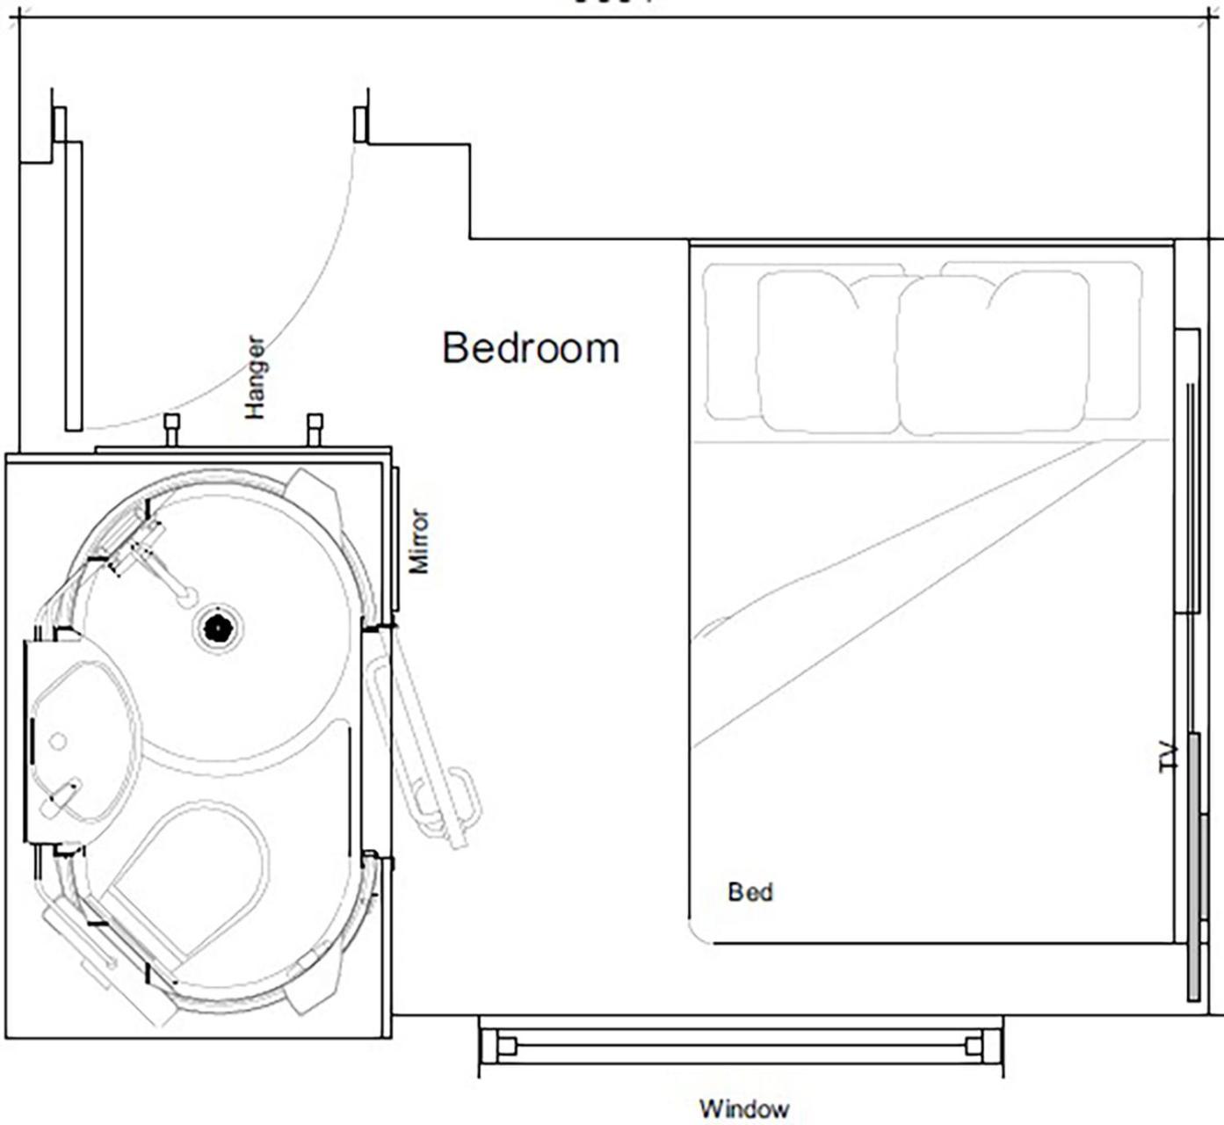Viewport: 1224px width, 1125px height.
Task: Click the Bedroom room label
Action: pos(531,348)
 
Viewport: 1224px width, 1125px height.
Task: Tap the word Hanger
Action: pos(255,377)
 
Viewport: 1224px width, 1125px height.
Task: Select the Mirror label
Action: pos(420,541)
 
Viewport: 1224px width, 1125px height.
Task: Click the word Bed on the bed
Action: pos(750,892)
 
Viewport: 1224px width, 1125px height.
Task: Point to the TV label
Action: pos(1168,757)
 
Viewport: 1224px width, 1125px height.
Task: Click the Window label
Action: pos(743,1108)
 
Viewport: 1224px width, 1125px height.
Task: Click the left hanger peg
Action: pos(171,428)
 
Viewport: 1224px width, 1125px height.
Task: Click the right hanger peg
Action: pos(315,428)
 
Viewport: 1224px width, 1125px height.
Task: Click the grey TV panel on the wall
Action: pos(1194,866)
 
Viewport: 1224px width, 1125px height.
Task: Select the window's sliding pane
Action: pos(740,1046)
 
